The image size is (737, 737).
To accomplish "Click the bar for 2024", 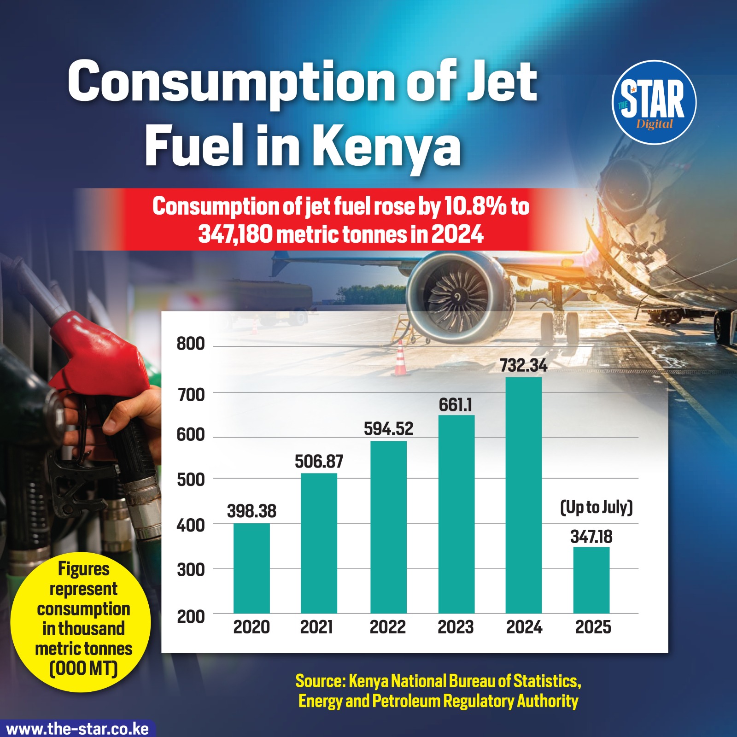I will coord(524,495).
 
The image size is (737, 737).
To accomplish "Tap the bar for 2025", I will coord(591,580).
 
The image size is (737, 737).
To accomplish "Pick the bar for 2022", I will coord(388,527).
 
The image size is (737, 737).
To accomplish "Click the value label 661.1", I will coord(455,405).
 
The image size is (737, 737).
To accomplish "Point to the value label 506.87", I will coord(319,462).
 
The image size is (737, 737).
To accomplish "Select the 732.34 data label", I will coord(524,366).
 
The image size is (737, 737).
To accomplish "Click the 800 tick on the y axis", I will coord(191,344).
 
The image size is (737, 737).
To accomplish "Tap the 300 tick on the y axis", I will coord(191,570).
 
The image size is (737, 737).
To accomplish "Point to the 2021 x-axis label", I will coord(316,627).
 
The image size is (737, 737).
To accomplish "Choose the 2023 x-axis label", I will coord(456,627).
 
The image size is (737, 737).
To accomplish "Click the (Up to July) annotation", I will coord(597,507).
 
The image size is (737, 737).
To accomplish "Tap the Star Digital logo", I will coord(654,102).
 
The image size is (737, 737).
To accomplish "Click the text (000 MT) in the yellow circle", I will coord(83,668).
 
